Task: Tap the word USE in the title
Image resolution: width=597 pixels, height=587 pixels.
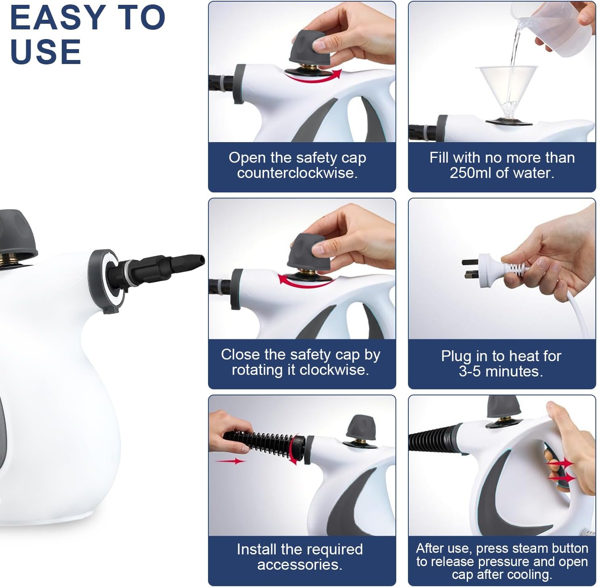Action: [46, 52]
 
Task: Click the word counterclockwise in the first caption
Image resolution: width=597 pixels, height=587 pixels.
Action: [297, 173]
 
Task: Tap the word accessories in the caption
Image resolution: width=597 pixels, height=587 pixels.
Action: [299, 565]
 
